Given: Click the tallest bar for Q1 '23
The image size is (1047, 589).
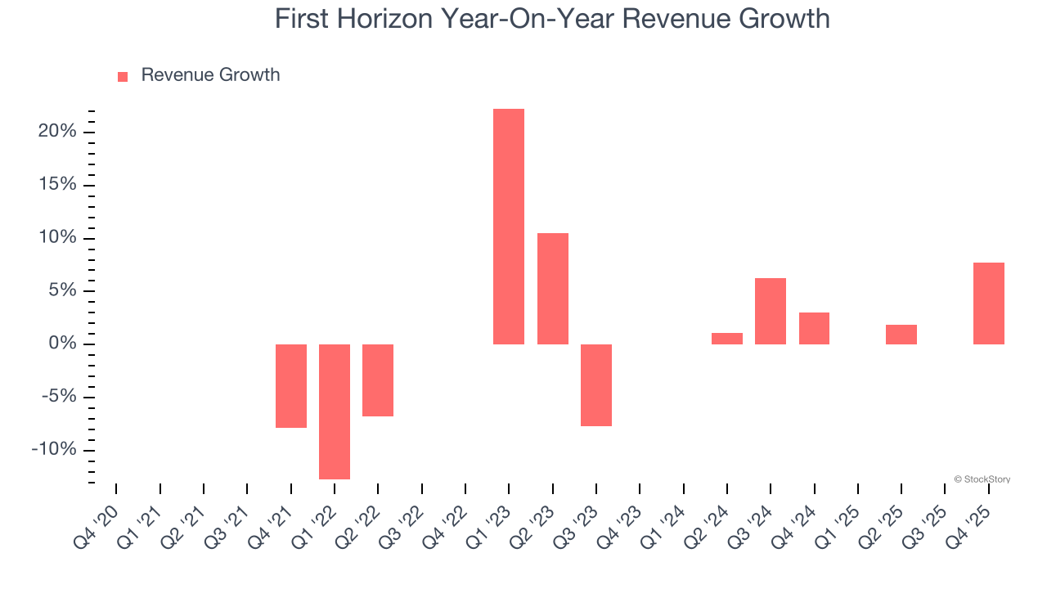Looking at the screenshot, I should [509, 227].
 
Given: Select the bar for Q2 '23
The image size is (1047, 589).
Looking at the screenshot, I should [553, 289].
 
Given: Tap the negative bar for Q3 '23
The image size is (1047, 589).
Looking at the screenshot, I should [596, 384].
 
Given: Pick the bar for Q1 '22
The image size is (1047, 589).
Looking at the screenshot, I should [335, 411].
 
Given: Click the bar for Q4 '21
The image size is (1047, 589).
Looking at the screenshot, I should [291, 385].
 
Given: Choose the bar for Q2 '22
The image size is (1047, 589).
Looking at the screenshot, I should [378, 380].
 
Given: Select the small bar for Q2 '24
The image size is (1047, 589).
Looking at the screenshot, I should [727, 339].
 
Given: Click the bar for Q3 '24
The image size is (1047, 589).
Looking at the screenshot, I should [771, 311].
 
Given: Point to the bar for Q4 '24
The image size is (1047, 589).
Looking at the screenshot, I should [814, 328].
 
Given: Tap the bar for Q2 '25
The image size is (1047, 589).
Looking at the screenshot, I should [901, 335].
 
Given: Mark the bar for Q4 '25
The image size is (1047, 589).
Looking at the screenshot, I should [989, 303].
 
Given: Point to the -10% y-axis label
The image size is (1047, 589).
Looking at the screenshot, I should [55, 450].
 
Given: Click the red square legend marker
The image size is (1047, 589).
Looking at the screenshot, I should [123, 76].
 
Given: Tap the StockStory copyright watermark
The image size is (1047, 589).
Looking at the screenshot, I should [982, 479].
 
